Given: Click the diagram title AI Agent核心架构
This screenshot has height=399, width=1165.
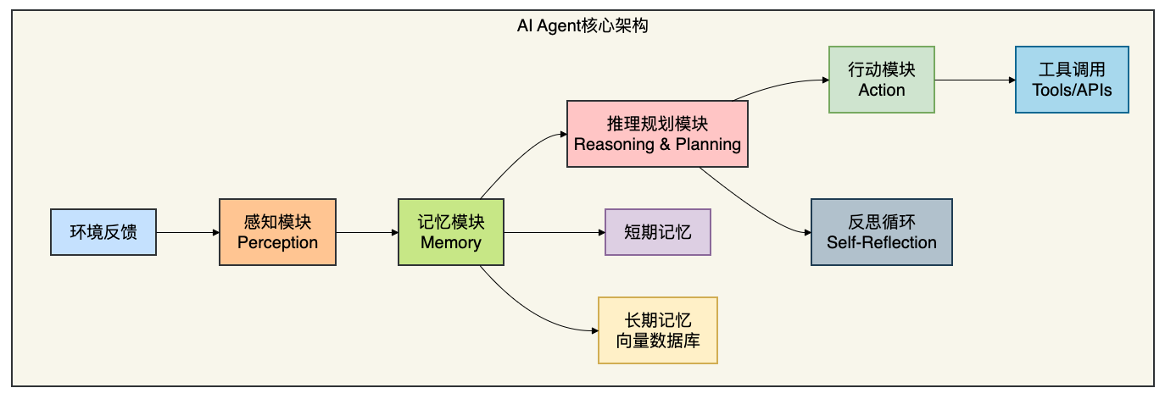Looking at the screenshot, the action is pos(582,25).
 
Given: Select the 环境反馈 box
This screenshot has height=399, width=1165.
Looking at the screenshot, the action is pos(103,232).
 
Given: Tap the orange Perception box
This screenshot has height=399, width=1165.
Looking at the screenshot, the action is pos(278,232).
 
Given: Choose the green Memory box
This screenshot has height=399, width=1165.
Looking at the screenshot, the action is pos(451,232).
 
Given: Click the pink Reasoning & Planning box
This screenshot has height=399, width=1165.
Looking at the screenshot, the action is pos(657,134).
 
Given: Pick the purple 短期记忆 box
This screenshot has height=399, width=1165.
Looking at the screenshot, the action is pos(658,232).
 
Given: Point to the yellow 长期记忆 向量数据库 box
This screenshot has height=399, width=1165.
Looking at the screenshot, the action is pos(658,330).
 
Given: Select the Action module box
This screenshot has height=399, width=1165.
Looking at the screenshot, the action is pos(882,80).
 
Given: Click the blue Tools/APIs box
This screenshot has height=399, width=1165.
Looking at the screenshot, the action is pos(1072,80).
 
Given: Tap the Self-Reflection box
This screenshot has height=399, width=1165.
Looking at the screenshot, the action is pos(882,232).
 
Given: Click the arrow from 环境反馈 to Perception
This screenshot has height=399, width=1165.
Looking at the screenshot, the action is pos(187,232).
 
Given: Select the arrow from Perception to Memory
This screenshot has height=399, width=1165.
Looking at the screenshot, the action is pos(367,232).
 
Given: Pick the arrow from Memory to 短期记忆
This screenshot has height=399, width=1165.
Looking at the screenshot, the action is pos(555,232).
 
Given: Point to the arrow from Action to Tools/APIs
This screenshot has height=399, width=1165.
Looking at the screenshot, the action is pos(975,80).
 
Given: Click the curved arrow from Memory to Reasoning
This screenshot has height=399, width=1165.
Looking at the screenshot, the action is pos(517,156).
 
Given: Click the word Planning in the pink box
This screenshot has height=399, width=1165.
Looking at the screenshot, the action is pos(708,144).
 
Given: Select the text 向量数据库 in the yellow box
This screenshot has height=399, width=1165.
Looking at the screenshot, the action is pos(658,341).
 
